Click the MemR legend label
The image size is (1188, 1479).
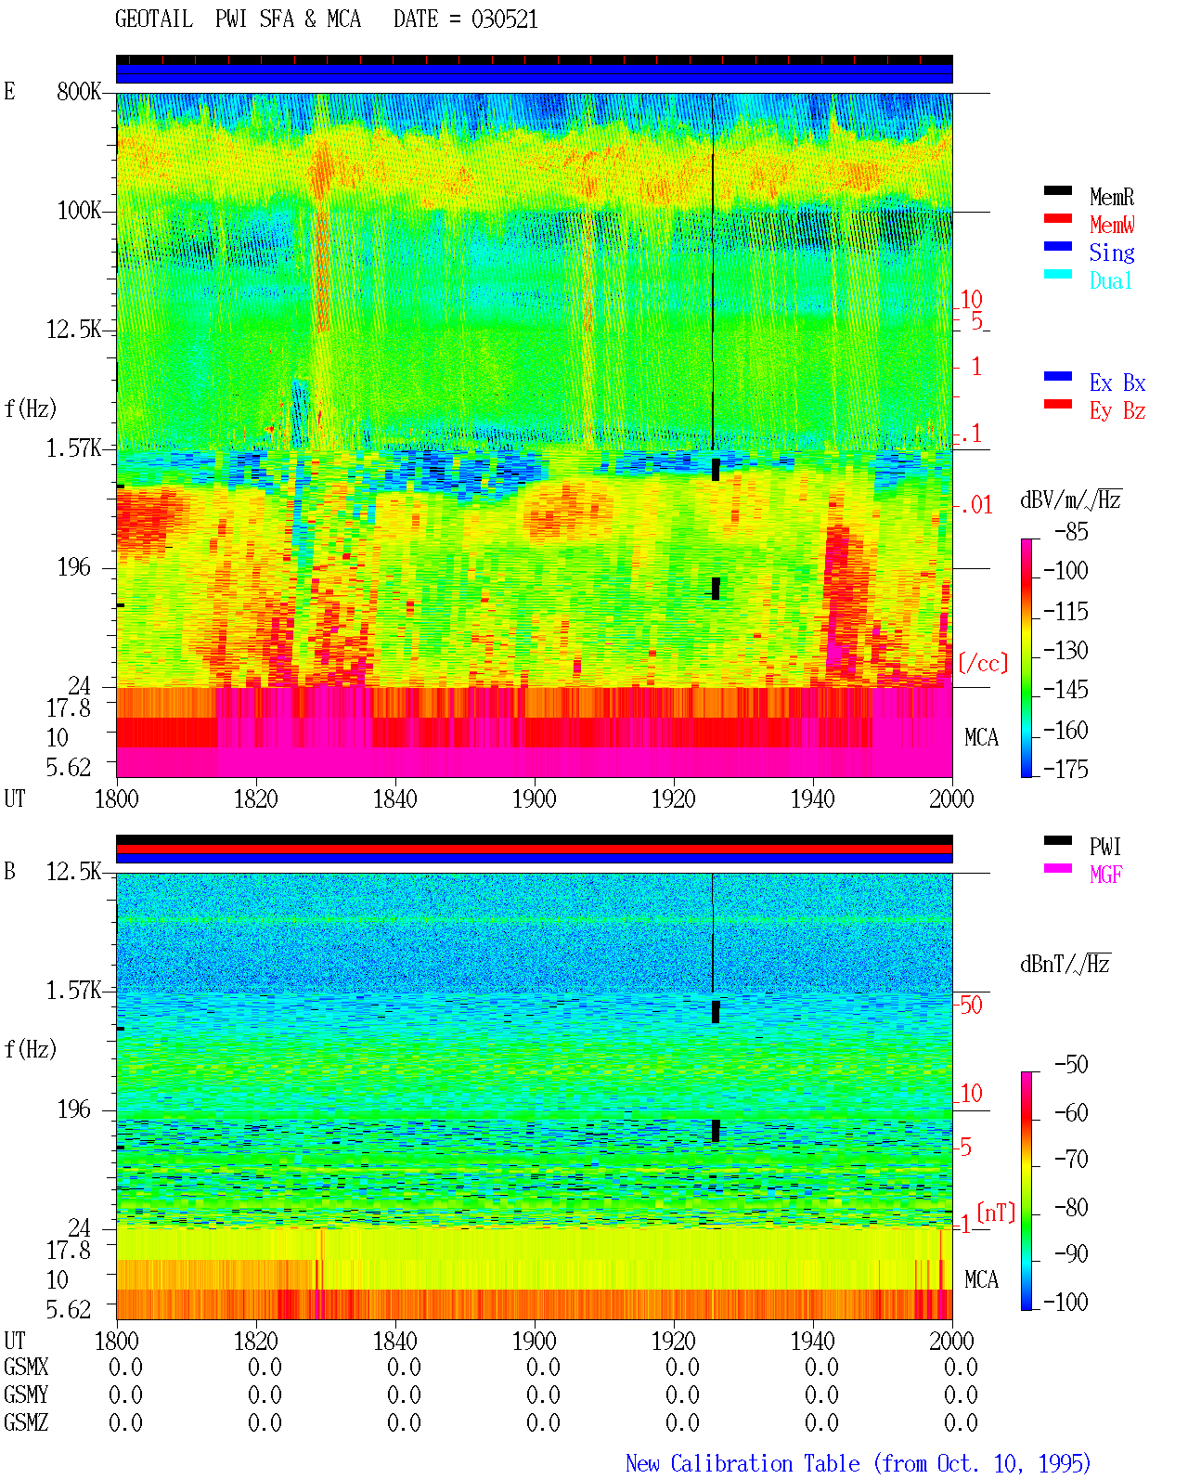pyautogui.click(x=1111, y=197)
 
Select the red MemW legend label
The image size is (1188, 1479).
pyautogui.click(x=1112, y=225)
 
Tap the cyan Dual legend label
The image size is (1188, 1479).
pyautogui.click(x=1110, y=280)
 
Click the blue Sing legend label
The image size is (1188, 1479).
pyautogui.click(x=1111, y=253)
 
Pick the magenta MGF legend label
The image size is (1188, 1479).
pyautogui.click(x=1105, y=875)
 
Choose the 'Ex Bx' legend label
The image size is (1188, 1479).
pyautogui.click(x=1117, y=383)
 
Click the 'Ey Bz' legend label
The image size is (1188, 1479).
pyautogui.click(x=1117, y=411)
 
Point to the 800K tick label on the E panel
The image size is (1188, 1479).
pyautogui.click(x=79, y=91)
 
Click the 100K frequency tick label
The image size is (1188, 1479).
pyautogui.click(x=79, y=211)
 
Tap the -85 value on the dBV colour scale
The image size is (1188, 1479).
pyautogui.click(x=1071, y=531)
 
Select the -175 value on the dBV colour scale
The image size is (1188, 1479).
pyautogui.click(x=1065, y=769)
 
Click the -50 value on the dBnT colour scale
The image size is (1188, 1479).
pyautogui.click(x=1071, y=1065)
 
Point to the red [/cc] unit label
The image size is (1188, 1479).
pyautogui.click(x=983, y=663)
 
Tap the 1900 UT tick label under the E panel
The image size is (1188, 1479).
pyautogui.click(x=534, y=798)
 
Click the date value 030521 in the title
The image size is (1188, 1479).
pyautogui.click(x=504, y=19)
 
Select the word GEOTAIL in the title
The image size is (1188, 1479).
pyautogui.click(x=154, y=19)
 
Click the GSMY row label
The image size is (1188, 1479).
pyautogui.click(x=26, y=1395)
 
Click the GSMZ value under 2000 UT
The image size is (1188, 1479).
pyautogui.click(x=961, y=1422)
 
